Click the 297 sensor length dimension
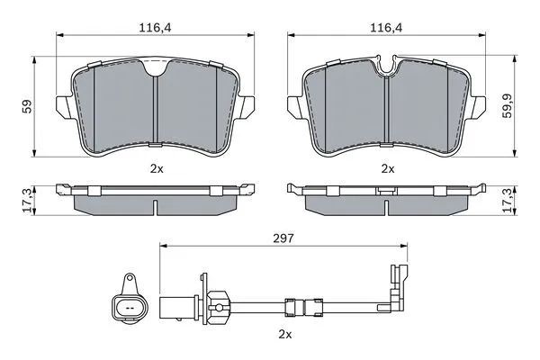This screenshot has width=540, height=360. [283, 238]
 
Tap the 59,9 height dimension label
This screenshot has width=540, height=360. [507, 106]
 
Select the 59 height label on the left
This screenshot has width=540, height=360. [27, 106]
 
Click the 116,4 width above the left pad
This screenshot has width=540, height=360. [155, 28]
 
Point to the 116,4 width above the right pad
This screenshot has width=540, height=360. [386, 28]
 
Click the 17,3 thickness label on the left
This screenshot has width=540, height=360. [28, 200]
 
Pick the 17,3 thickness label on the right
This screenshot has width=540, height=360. [507, 200]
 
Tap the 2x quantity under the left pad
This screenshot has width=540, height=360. [157, 168]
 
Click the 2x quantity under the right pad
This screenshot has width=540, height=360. [388, 168]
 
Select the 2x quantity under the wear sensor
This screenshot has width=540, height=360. [285, 334]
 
